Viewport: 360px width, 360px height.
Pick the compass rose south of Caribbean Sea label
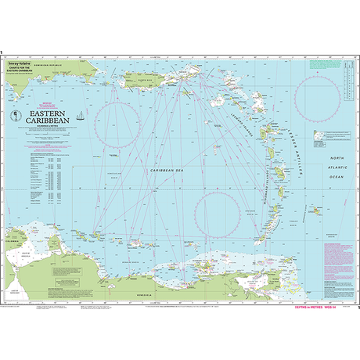pos(221,216)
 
